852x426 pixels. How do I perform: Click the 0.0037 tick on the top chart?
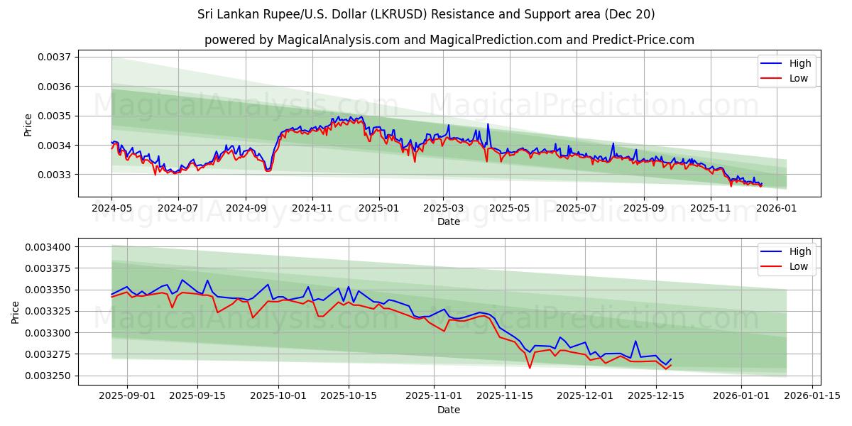[x=56, y=57]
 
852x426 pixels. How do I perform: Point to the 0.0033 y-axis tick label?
[x=56, y=175]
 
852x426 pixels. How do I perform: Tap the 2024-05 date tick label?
[x=111, y=208]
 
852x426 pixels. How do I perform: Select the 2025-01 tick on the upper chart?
[x=378, y=208]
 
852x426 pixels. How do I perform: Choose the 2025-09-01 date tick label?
[x=129, y=396]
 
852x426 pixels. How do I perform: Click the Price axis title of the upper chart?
[x=28, y=124]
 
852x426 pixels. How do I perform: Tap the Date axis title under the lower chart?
[x=448, y=410]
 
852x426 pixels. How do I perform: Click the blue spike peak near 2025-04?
[x=488, y=124]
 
